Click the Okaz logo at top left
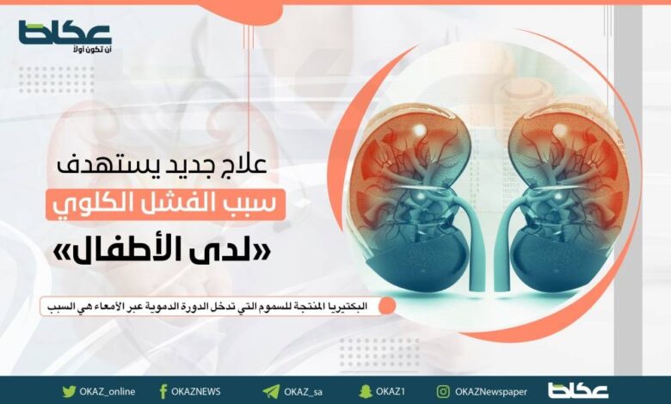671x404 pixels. pyautogui.click(x=65, y=33)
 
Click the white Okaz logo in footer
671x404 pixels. pyautogui.click(x=578, y=391)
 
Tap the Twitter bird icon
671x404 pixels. pyautogui.click(x=69, y=392)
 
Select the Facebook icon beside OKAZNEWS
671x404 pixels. pyautogui.click(x=163, y=392)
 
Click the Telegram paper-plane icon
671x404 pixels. pyautogui.click(x=271, y=392)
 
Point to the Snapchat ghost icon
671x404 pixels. pyautogui.click(x=366, y=391)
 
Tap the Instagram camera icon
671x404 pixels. pyautogui.click(x=443, y=392)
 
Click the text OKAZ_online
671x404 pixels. pyautogui.click(x=107, y=392)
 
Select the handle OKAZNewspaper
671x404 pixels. pyautogui.click(x=491, y=392)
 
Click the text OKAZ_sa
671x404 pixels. pyautogui.click(x=303, y=392)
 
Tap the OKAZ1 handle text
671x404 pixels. pyautogui.click(x=391, y=392)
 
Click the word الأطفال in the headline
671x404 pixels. pyautogui.click(x=153, y=252)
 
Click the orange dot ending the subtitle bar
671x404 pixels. pyautogui.click(x=387, y=306)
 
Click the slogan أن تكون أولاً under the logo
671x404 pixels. pyautogui.click(x=92, y=50)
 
